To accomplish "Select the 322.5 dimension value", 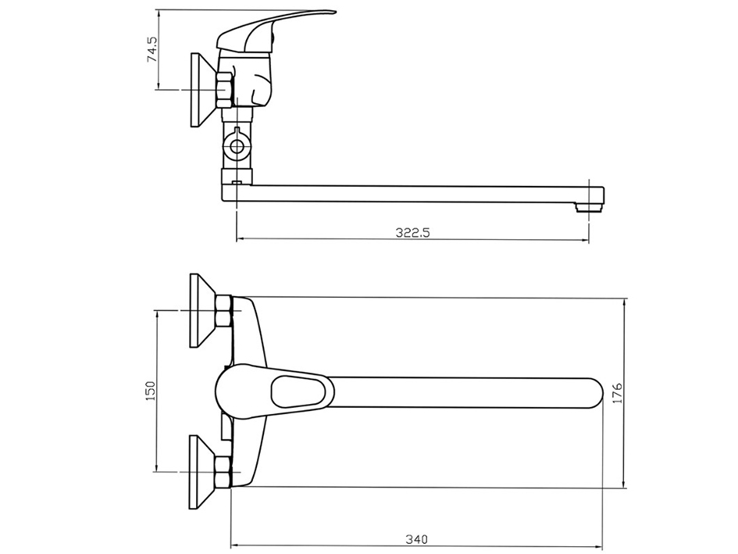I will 413,232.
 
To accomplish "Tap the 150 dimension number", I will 152,391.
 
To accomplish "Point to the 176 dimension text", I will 617,393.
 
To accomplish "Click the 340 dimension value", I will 416,539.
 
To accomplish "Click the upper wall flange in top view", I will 201,311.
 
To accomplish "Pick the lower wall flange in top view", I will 201,472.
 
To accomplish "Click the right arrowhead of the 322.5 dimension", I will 586,239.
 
